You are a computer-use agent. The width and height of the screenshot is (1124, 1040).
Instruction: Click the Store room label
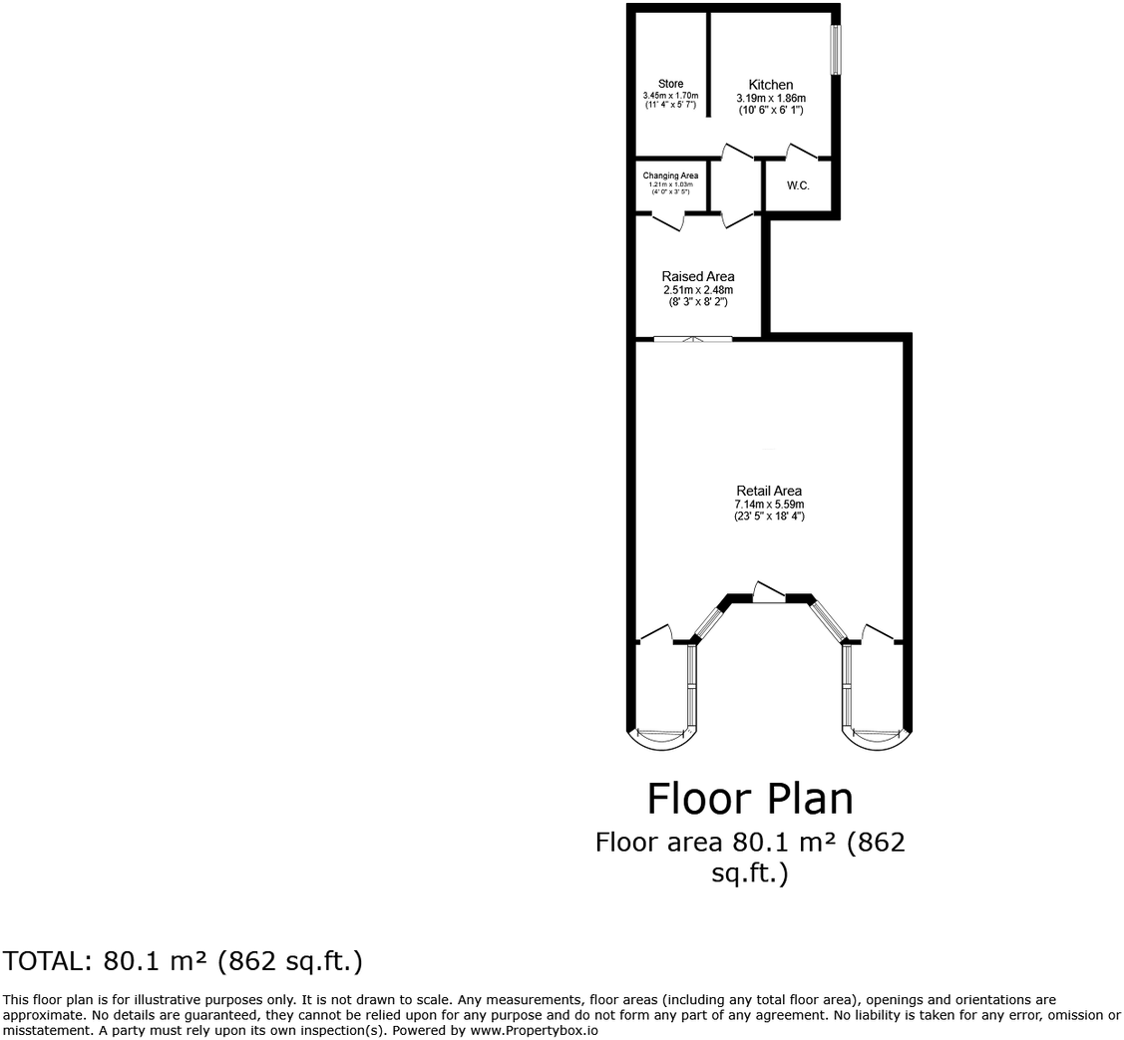pyautogui.click(x=670, y=84)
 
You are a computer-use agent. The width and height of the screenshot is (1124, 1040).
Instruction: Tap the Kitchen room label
pyautogui.click(x=771, y=85)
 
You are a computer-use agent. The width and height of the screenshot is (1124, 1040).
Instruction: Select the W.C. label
pyautogui.click(x=798, y=185)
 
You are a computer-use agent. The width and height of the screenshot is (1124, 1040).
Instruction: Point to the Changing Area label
pyautogui.click(x=670, y=175)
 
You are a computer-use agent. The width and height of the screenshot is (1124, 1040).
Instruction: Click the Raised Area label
pyautogui.click(x=698, y=276)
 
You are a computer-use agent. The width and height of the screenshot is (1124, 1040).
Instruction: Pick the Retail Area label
pyautogui.click(x=769, y=491)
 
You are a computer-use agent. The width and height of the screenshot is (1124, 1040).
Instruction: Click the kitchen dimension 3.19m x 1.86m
pyautogui.click(x=771, y=99)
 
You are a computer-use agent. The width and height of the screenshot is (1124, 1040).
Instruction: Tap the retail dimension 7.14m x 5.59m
pyautogui.click(x=769, y=505)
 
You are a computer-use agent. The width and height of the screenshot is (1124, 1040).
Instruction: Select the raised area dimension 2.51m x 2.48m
pyautogui.click(x=698, y=290)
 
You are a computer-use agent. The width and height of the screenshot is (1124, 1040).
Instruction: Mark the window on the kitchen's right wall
pyautogui.click(x=836, y=49)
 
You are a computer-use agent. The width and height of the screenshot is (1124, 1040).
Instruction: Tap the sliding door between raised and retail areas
pyautogui.click(x=692, y=340)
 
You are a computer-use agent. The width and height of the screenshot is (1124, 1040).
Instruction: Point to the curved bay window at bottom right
pyautogui.click(x=877, y=737)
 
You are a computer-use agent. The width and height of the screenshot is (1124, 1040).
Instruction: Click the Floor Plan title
pyautogui.click(x=750, y=799)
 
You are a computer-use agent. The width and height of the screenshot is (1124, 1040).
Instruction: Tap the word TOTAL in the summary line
pyautogui.click(x=45, y=961)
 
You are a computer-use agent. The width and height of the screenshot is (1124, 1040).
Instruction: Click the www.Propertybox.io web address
pyautogui.click(x=534, y=1030)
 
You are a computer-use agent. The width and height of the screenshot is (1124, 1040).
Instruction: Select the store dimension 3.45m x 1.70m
pyautogui.click(x=670, y=96)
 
